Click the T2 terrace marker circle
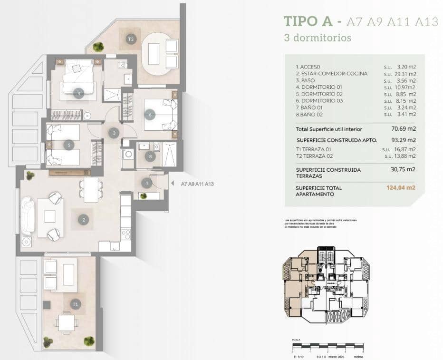pos(131,39)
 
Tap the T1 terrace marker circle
pos(75,303)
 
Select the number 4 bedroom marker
pos(79,94)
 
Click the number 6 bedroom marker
pos(150,114)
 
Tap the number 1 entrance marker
pos(147,182)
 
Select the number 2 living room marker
pos(84,220)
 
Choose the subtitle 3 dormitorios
pos(317,37)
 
